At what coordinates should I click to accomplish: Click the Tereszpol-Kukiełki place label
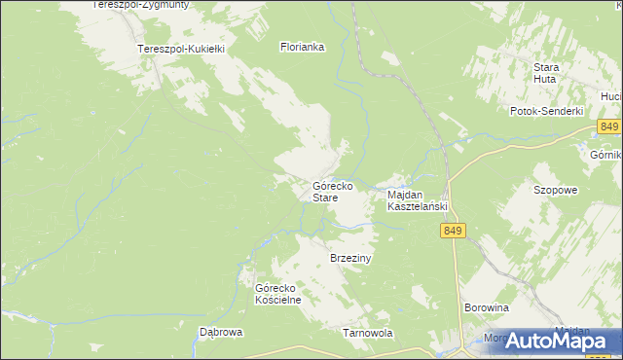182,48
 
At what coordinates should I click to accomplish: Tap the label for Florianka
302,46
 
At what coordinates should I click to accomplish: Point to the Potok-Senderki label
546,111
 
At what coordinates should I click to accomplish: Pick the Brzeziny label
352,258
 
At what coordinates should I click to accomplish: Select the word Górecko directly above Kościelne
275,288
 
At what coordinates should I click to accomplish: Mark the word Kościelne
278,300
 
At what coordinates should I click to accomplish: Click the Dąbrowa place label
221,331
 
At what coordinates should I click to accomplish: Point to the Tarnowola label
368,332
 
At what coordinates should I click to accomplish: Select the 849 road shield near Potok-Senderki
609,127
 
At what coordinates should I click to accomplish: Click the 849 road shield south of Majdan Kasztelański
453,231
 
